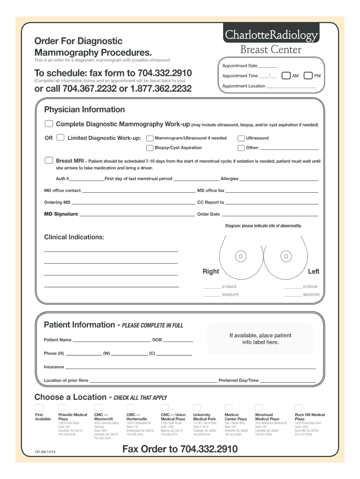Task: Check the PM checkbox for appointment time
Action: coord(308,76)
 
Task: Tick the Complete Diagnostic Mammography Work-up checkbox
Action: coord(49,124)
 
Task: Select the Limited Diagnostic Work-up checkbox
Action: coord(60,138)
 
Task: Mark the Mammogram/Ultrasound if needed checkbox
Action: coord(150,138)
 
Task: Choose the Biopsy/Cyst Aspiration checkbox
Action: coord(150,148)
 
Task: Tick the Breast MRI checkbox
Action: coord(49,160)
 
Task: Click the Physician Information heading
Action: coord(84,109)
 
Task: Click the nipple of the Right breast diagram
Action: coord(241,256)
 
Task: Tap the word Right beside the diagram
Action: coord(210,271)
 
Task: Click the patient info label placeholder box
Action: coord(260,339)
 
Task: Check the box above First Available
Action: coord(39,407)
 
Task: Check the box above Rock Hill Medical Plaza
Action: coord(299,407)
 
